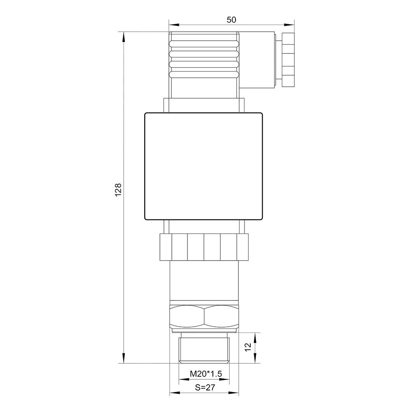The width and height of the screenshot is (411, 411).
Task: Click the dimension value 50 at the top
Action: coord(231,20)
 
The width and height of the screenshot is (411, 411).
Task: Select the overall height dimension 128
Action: coord(118,189)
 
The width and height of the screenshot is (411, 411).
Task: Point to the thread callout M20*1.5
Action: coord(206,374)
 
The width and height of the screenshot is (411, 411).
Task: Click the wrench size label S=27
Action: coord(205,388)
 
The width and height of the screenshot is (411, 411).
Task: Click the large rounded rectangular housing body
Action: coord(204,166)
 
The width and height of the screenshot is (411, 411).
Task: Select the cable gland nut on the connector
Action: coord(288,60)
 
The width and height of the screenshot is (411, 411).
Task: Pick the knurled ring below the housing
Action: coord(204,247)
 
